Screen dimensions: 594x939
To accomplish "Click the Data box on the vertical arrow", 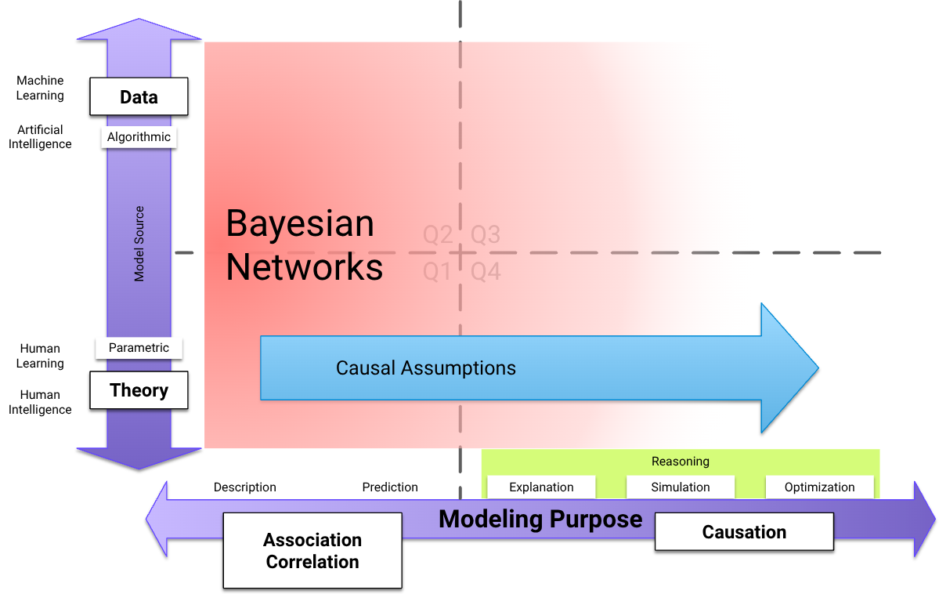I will pos(139,97).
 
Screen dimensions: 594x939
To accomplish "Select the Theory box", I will pos(139,390).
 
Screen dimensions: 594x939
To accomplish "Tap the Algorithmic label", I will pos(139,137).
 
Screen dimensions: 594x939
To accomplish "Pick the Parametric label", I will pos(139,347).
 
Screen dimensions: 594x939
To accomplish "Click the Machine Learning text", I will pos(40,88).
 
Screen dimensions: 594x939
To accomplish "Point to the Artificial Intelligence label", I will pos(40,136).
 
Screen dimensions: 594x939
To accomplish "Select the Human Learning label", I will pos(40,356).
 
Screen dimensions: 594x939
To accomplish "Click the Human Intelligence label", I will pos(40,402).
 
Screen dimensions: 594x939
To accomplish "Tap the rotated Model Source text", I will pos(139,244).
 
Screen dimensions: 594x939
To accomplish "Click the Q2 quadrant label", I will pos(438,234).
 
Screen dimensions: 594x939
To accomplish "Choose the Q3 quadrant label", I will pos(486,234).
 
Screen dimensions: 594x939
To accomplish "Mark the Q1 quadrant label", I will pos(438,272).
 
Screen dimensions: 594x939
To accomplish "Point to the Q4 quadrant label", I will pos(486,272).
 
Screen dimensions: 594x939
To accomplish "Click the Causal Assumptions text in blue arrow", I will pos(426,368).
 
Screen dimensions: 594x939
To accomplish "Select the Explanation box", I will pos(541,487).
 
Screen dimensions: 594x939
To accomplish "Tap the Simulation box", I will pos(681,487).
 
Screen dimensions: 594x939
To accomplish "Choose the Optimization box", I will pos(819,487).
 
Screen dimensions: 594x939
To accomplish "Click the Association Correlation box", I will pos(312,551).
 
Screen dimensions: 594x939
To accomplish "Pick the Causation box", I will pos(744,532).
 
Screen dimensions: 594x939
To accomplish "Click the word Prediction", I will pos(390,487).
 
